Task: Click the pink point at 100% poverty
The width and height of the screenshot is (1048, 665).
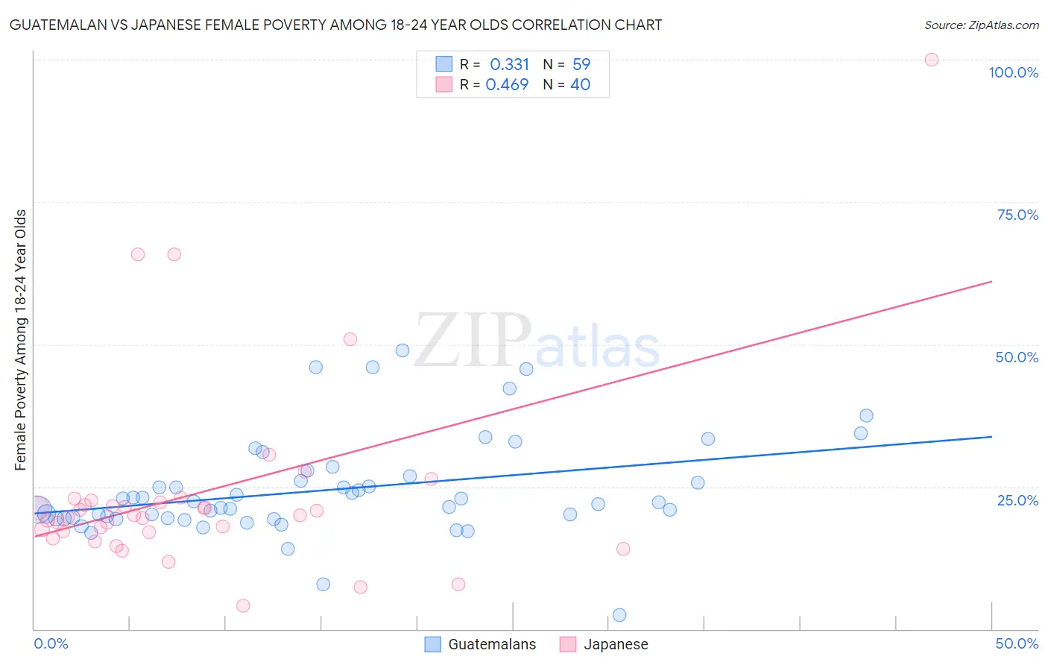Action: (931, 60)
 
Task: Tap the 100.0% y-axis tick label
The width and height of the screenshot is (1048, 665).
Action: (1013, 72)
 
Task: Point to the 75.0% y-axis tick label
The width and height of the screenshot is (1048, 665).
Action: (1017, 215)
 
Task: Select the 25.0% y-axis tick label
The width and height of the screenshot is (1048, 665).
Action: (1017, 500)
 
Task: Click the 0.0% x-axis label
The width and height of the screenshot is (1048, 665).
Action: (51, 643)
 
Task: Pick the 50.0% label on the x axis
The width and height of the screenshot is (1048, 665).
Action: (1017, 643)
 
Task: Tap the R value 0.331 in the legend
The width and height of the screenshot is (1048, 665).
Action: (509, 65)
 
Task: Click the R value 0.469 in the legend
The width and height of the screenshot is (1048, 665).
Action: (507, 85)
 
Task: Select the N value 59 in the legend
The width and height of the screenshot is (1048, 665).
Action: (581, 65)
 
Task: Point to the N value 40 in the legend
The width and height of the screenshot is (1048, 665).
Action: (580, 85)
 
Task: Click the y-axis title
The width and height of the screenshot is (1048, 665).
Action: (20, 340)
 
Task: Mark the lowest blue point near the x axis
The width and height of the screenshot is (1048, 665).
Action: (619, 615)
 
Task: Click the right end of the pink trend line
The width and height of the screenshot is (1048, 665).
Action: (991, 281)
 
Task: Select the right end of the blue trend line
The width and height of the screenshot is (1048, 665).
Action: (991, 437)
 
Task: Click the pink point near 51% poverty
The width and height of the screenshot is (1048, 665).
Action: (350, 339)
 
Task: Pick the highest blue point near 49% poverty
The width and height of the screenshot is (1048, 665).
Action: (402, 350)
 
